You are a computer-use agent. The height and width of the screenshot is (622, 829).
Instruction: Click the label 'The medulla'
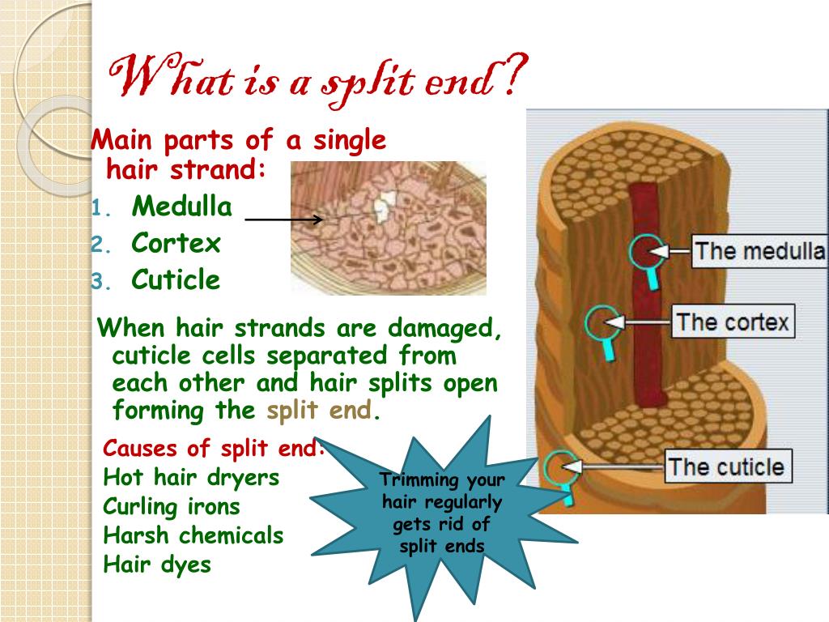click(x=759, y=250)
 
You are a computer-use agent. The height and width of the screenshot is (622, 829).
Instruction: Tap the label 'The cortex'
click(x=732, y=322)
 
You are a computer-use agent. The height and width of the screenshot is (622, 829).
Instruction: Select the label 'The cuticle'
click(x=726, y=466)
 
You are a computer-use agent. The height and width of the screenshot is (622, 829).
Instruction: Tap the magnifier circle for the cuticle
click(x=560, y=467)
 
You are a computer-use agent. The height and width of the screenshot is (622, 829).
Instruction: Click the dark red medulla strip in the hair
click(x=647, y=324)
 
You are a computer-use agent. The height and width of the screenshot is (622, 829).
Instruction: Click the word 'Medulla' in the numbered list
click(x=182, y=207)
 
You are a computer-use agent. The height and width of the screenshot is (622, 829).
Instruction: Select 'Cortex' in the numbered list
click(x=176, y=243)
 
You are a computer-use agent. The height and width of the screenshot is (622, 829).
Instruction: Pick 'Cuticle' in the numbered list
click(x=176, y=280)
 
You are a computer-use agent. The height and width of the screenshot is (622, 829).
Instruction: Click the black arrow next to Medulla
click(x=283, y=219)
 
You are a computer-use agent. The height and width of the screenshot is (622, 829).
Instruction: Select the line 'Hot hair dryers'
click(x=191, y=478)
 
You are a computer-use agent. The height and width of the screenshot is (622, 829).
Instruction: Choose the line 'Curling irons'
click(x=172, y=507)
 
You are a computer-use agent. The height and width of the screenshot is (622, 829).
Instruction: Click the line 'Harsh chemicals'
click(x=193, y=535)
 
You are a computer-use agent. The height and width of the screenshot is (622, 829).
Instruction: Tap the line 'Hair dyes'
click(x=157, y=564)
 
